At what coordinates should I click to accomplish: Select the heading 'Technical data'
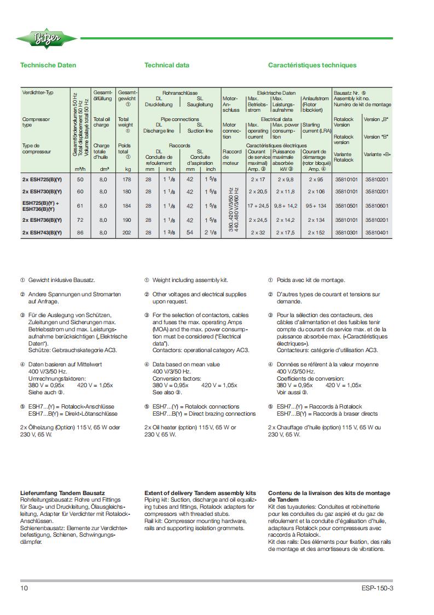click(x=167, y=65)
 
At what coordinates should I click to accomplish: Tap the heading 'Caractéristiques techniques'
click(x=312, y=65)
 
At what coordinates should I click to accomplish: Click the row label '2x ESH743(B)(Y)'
click(x=42, y=233)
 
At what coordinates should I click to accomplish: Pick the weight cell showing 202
click(x=127, y=233)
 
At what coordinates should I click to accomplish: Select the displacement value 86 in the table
click(x=81, y=233)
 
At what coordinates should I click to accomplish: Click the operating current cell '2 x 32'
click(x=257, y=233)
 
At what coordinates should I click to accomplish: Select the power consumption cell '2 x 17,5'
click(x=286, y=233)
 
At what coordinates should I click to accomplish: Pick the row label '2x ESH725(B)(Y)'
click(x=42, y=179)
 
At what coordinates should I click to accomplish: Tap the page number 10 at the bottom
click(x=24, y=588)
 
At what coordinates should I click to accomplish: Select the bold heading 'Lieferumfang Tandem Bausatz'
click(x=62, y=493)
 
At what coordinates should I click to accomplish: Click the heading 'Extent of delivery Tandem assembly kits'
click(x=200, y=493)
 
